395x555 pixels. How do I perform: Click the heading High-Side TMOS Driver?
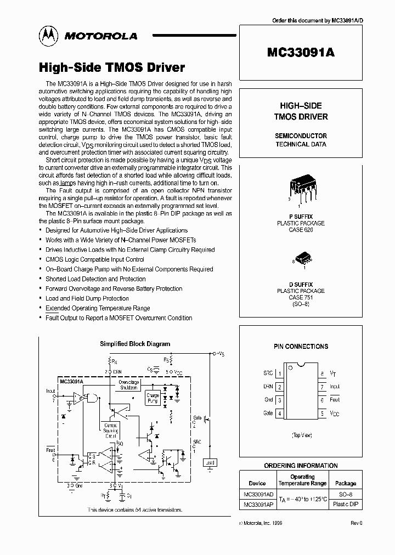coord(111,67)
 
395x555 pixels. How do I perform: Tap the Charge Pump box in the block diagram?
coord(153,399)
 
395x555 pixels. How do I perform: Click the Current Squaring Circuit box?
coord(111,429)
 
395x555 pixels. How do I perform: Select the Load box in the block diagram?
coord(209,462)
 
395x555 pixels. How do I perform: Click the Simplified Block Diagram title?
coord(134,344)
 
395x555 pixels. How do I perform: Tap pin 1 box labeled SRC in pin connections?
coord(280,373)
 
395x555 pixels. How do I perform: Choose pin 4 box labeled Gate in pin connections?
coord(280,413)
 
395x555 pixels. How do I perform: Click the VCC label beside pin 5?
coord(335,413)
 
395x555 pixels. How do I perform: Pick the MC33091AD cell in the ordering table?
coord(257,494)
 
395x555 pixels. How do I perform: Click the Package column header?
coord(346,483)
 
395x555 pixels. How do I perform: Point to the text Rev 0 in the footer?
coord(357,523)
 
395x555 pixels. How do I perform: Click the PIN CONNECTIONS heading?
coord(301,347)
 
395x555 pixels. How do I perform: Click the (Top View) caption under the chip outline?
coord(301,434)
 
